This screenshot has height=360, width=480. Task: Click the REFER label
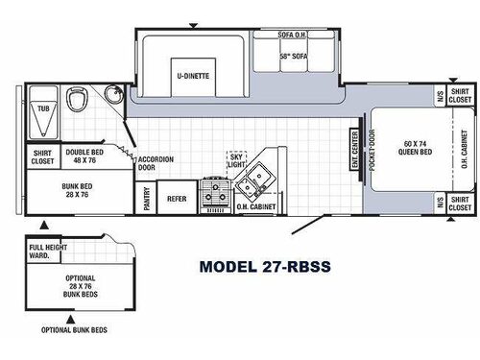pos(176,199)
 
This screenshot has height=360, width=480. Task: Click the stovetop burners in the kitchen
pos(212,198)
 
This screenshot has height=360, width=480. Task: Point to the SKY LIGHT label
pos(235,160)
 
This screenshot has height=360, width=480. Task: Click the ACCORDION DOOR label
pos(155,163)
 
